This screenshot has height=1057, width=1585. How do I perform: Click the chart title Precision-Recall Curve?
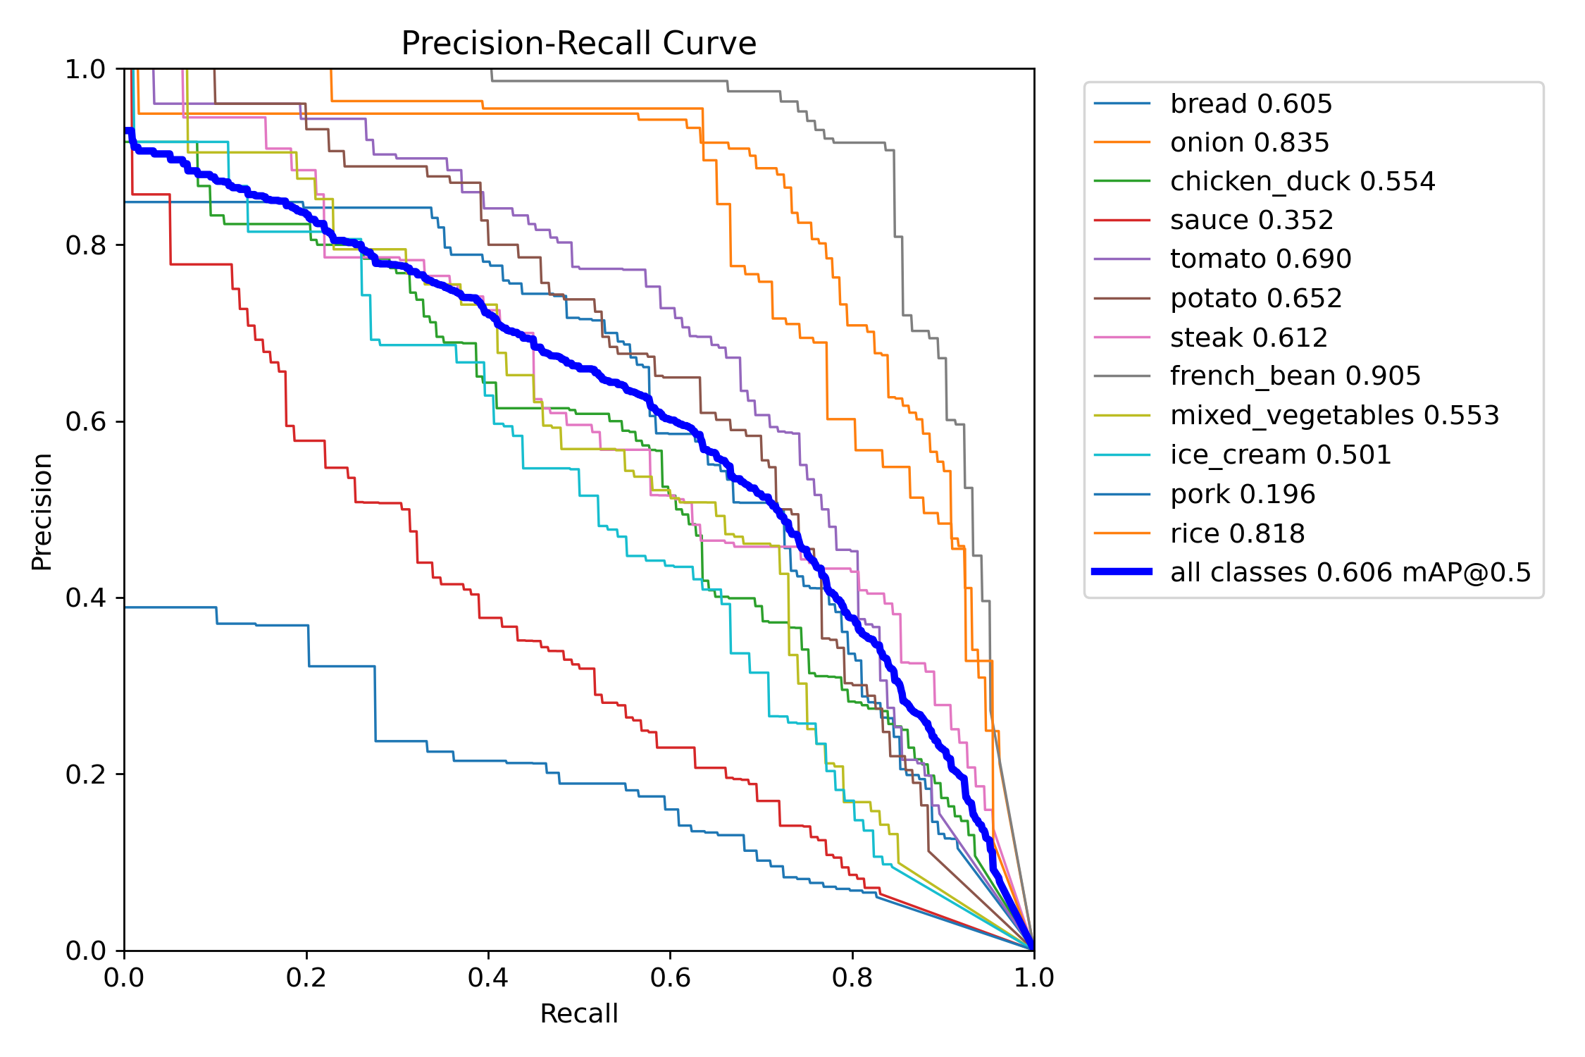click(x=578, y=44)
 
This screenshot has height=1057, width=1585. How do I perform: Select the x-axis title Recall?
click(x=578, y=1013)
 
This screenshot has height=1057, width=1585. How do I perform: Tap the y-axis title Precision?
click(x=42, y=512)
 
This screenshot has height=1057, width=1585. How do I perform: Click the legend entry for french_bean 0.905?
click(x=1295, y=376)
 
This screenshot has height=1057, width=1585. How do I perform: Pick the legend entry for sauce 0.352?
click(x=1251, y=221)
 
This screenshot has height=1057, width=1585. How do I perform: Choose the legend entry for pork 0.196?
click(x=1242, y=494)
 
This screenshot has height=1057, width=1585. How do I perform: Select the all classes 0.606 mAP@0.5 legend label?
click(x=1350, y=572)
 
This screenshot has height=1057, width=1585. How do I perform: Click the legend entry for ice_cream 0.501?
click(x=1280, y=455)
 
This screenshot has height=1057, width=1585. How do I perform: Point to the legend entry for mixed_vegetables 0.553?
click(x=1334, y=415)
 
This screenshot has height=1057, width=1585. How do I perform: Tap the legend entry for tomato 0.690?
click(x=1260, y=259)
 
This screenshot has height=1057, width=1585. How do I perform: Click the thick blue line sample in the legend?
click(x=1121, y=571)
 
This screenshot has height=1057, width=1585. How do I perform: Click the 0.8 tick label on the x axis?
click(x=852, y=977)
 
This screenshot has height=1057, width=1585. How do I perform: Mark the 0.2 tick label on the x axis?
click(x=306, y=977)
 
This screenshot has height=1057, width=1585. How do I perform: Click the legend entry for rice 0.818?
click(x=1237, y=533)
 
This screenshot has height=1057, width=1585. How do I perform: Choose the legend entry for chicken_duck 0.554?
click(x=1302, y=181)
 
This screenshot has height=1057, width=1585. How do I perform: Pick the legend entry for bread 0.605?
click(x=1250, y=104)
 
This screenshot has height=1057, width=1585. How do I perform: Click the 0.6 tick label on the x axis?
click(x=670, y=977)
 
